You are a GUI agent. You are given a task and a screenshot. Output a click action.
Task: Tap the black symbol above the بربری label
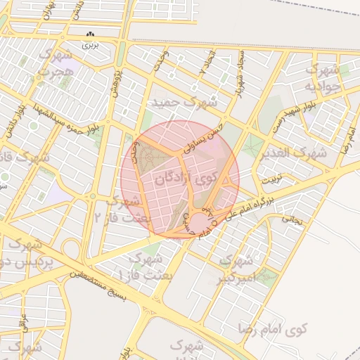point(90,34)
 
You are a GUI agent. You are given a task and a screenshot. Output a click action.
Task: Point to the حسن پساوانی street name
point(203,138)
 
